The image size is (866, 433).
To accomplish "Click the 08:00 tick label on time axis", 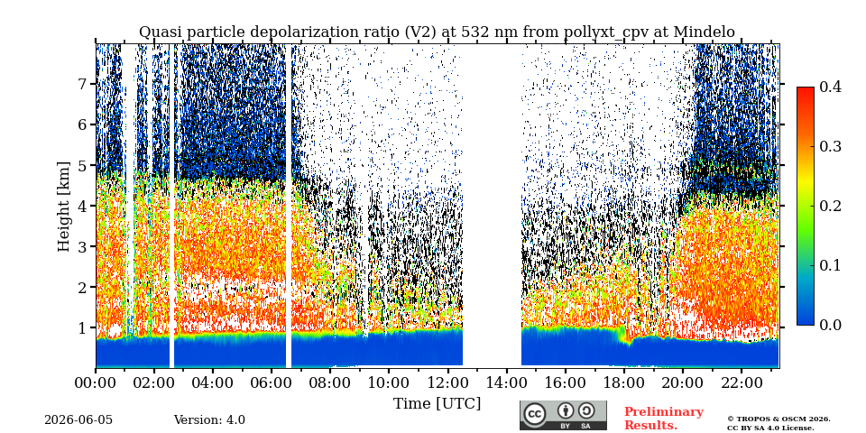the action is [x=330, y=382].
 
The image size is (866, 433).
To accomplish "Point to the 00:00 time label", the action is [x=96, y=382].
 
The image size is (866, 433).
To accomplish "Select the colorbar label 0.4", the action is [x=830, y=87].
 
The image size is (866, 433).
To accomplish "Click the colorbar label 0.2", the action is [x=830, y=206].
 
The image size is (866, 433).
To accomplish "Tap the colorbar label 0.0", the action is [x=830, y=325].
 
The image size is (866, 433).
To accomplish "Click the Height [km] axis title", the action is [x=65, y=207].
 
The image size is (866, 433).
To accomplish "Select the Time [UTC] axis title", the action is [x=437, y=404].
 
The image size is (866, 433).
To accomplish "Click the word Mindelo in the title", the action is [x=704, y=32].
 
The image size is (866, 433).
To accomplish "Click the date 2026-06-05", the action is [x=78, y=420].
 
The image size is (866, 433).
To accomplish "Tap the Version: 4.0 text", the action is [x=209, y=420].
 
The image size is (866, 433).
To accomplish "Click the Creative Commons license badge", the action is [x=563, y=415].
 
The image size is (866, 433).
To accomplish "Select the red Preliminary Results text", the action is [x=664, y=418].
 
